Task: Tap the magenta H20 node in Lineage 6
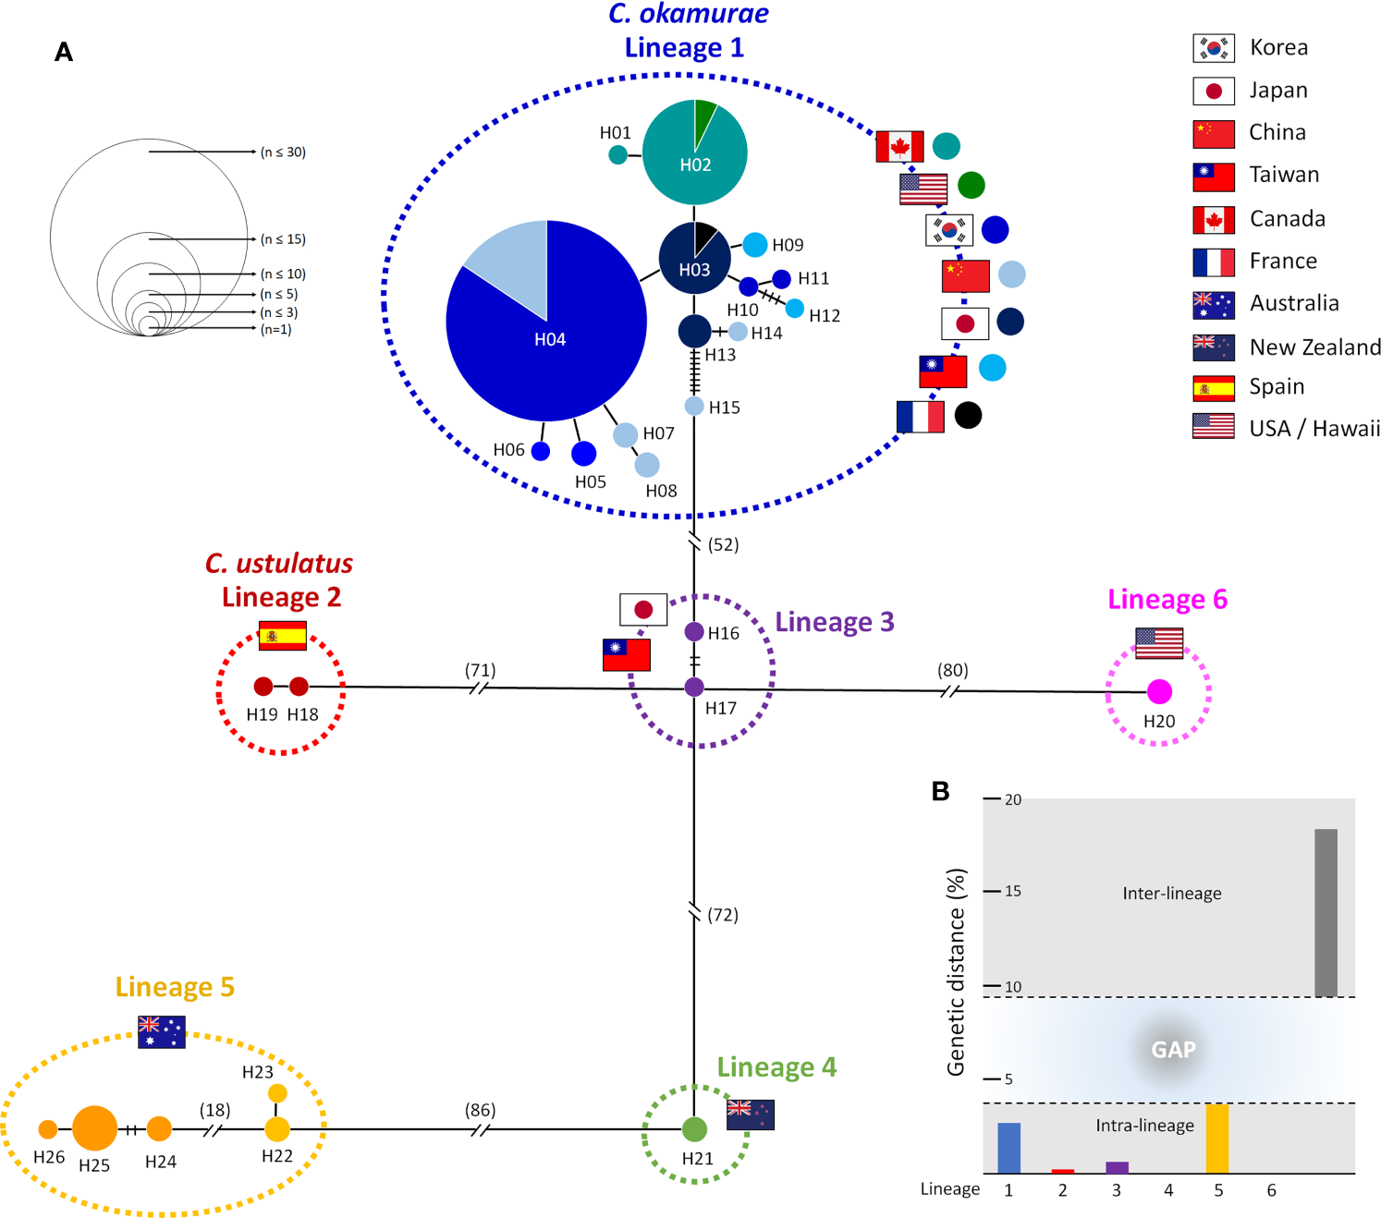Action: [1159, 691]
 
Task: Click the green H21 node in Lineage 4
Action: [694, 1128]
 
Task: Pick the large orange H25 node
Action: [94, 1127]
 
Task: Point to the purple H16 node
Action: [694, 632]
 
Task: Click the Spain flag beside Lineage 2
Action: [283, 636]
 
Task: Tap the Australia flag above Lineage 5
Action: [161, 1031]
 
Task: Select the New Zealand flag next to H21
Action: [750, 1114]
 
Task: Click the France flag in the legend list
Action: [1213, 262]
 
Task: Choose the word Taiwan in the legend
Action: [1284, 175]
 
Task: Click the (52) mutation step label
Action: [723, 545]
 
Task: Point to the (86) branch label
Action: [480, 1110]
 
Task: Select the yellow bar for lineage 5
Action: [1217, 1139]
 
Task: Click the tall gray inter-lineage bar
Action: [1326, 912]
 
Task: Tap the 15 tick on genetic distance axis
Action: [1012, 891]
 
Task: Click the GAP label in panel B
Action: [1173, 1050]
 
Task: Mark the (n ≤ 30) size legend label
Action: [283, 152]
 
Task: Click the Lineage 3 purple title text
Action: [834, 622]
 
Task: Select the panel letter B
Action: [940, 791]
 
